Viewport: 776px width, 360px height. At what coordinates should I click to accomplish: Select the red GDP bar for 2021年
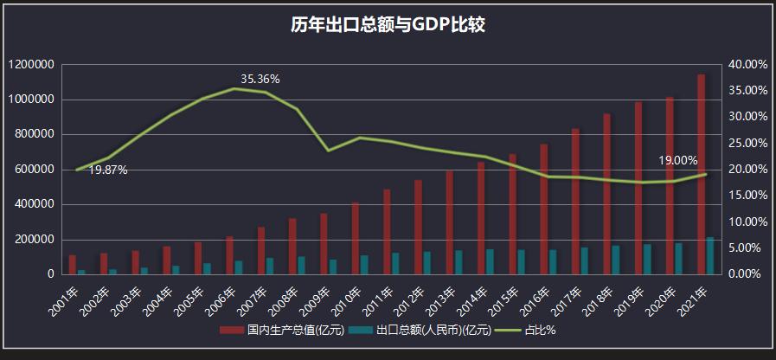click(x=702, y=174)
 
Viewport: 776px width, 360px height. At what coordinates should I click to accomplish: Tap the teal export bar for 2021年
click(x=710, y=255)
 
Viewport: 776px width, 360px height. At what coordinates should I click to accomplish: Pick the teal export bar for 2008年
click(x=301, y=265)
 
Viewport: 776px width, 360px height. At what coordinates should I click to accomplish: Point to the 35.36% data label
click(x=260, y=80)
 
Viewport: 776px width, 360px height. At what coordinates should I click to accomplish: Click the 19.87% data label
click(x=108, y=170)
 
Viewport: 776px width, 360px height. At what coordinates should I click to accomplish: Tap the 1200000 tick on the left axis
click(x=32, y=65)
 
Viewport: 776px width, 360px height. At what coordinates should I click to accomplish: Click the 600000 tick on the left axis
click(x=35, y=170)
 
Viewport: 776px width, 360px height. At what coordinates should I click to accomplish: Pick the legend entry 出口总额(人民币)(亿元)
click(x=427, y=330)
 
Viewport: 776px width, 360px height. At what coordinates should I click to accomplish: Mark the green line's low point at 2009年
click(x=328, y=151)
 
